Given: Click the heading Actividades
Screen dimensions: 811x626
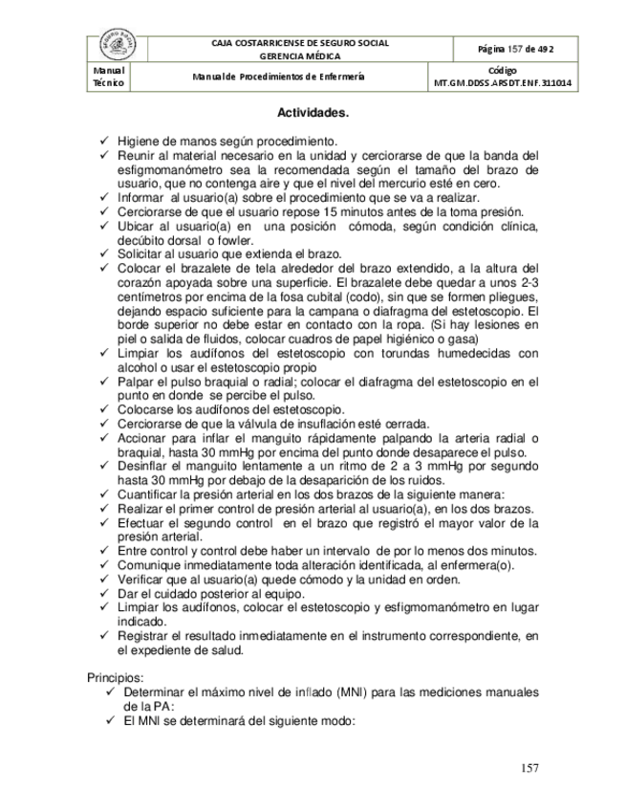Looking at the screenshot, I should pyautogui.click(x=313, y=113).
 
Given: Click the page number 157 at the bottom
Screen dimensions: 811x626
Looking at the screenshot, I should pyautogui.click(x=531, y=768).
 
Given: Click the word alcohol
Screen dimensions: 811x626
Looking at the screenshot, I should pyautogui.click(x=140, y=366).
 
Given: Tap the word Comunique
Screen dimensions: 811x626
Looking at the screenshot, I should pyautogui.click(x=151, y=564).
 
